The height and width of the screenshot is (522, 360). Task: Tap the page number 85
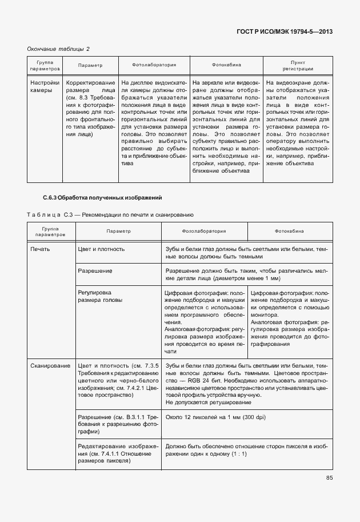tap(329, 478)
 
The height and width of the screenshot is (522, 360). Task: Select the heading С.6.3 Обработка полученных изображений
tap(103, 198)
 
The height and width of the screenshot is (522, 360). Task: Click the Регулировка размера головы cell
tap(94, 296)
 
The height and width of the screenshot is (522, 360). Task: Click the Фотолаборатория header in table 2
tap(154, 65)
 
